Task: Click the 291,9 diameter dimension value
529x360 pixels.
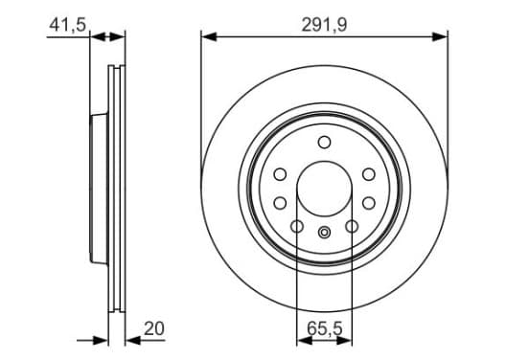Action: click(x=324, y=25)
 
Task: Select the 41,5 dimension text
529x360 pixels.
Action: click(x=67, y=25)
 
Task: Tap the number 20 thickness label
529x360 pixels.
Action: click(x=154, y=328)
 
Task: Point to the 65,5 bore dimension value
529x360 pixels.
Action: click(x=324, y=328)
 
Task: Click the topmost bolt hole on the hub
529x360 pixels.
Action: click(x=324, y=143)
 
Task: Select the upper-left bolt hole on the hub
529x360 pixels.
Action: click(x=280, y=174)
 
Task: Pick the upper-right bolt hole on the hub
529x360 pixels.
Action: click(x=368, y=174)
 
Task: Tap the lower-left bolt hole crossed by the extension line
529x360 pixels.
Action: click(x=297, y=226)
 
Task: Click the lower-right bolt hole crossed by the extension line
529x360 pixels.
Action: click(x=352, y=226)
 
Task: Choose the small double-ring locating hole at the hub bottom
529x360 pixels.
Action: click(x=324, y=233)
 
